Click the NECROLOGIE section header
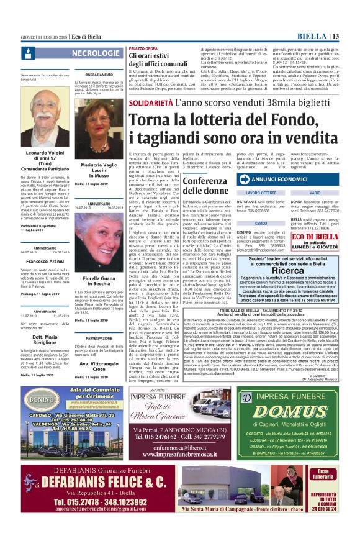point(96,53)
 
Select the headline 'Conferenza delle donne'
point(204,186)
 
